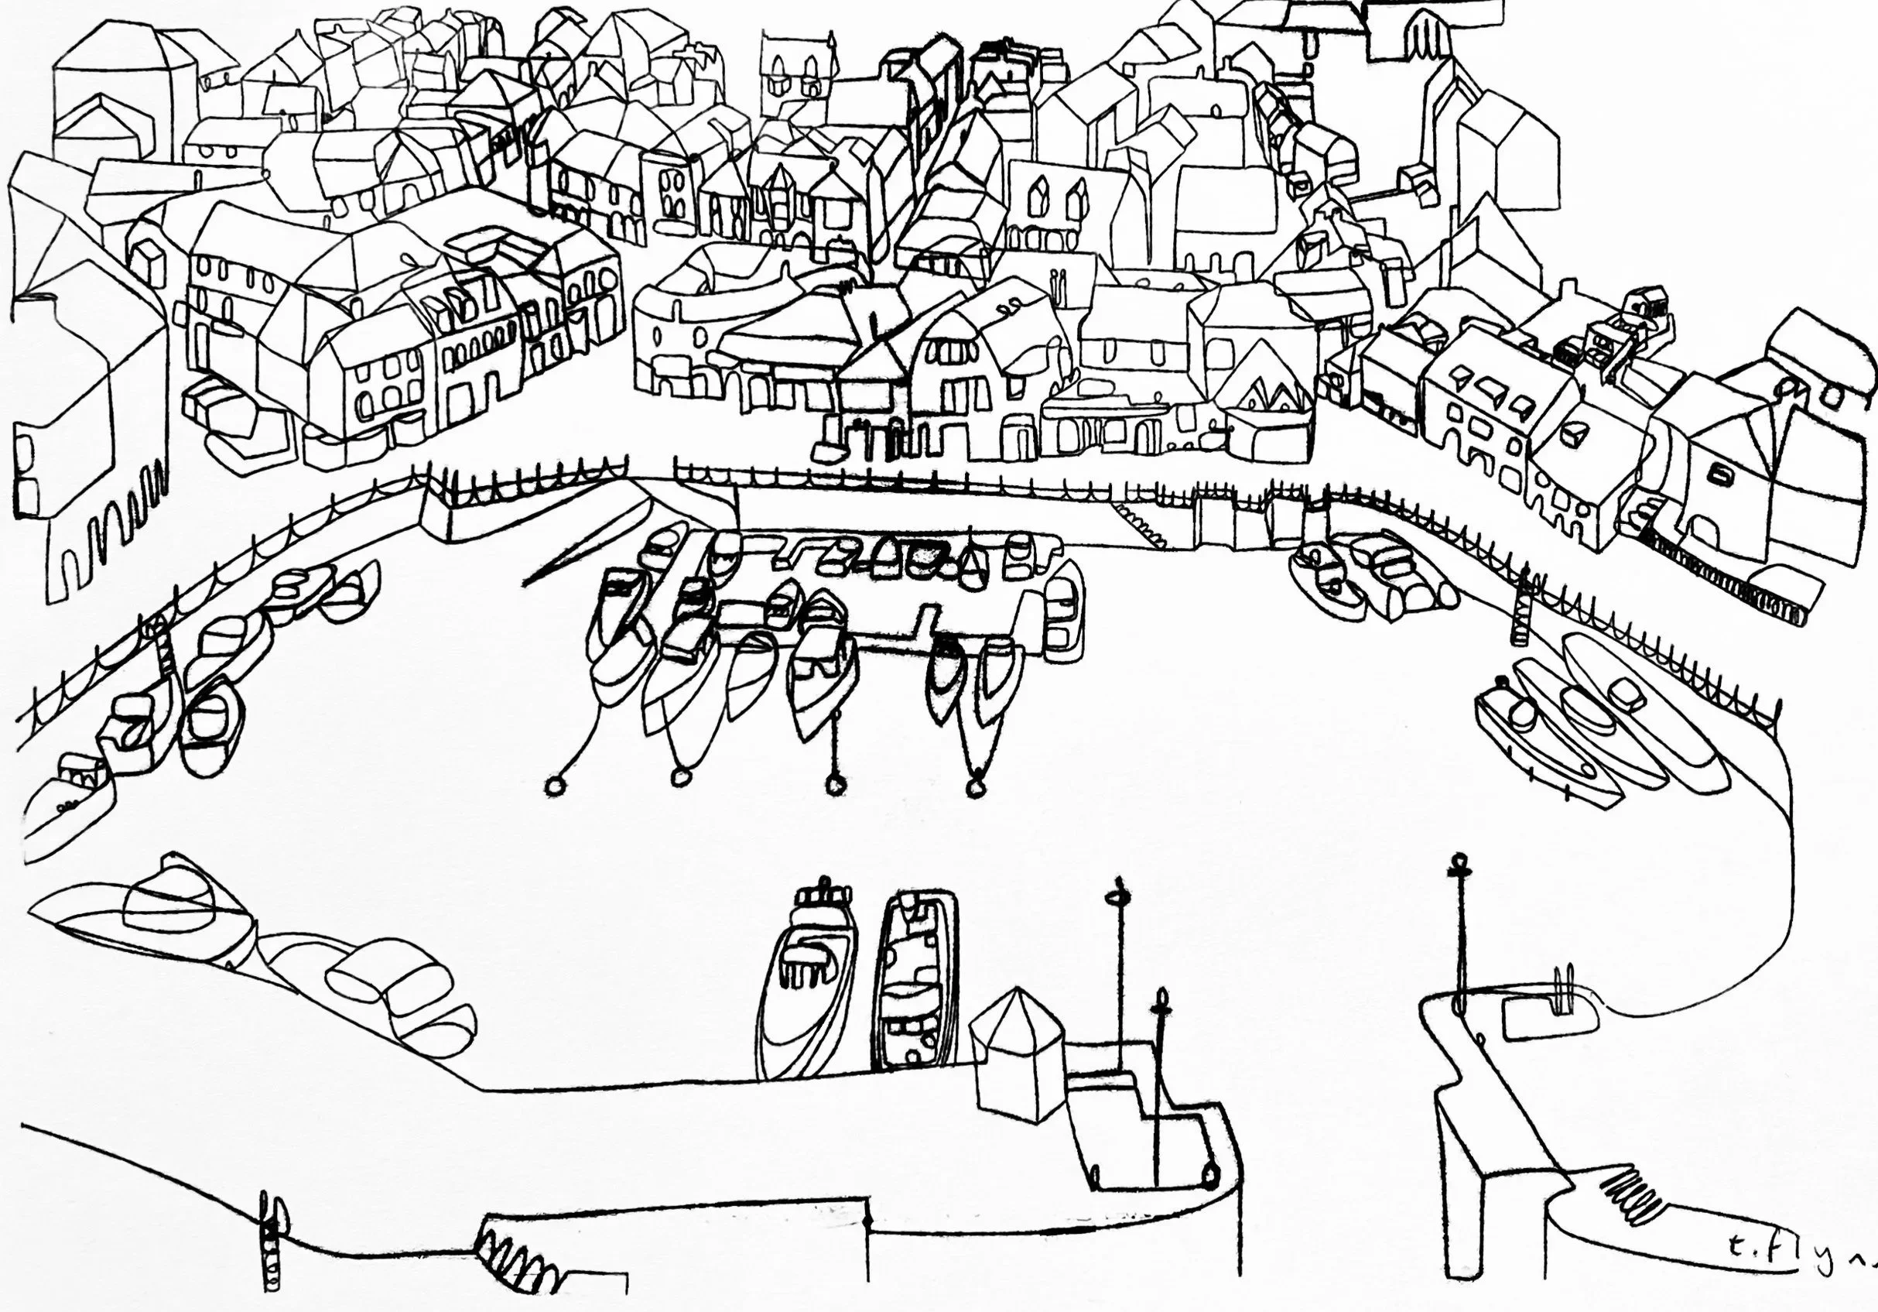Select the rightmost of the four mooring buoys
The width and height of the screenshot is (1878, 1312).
pos(974,788)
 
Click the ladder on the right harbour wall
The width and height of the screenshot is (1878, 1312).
pos(1521,609)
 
